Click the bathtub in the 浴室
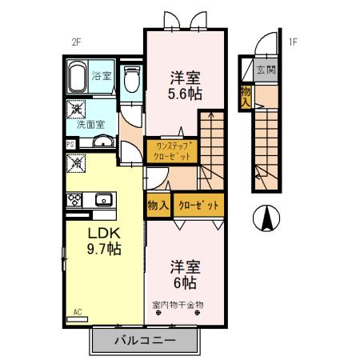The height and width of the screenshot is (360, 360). [x=78, y=78]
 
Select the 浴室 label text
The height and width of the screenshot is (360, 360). [x=102, y=77]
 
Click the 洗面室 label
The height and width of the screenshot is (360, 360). [x=90, y=125]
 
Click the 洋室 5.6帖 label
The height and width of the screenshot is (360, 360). [x=185, y=86]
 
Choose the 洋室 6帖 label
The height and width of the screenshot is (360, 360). [x=185, y=274]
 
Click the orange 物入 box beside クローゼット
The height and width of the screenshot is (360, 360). [x=158, y=205]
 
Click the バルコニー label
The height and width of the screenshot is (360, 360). [x=145, y=339]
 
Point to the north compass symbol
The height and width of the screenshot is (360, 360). [x=265, y=216]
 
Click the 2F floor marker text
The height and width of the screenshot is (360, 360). [x=77, y=43]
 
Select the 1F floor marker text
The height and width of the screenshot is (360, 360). [x=293, y=43]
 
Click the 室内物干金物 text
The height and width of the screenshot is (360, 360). [x=178, y=304]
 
